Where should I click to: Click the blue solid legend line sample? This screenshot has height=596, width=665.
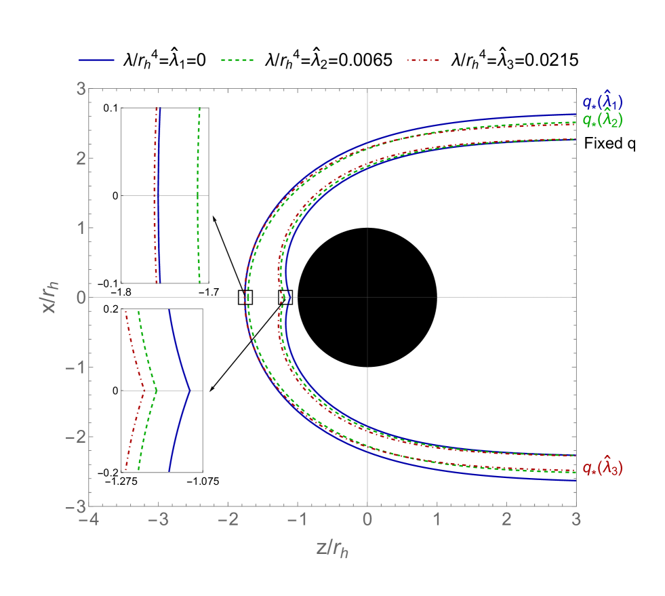pyautogui.click(x=96, y=60)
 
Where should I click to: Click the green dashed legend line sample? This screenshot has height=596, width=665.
pyautogui.click(x=237, y=60)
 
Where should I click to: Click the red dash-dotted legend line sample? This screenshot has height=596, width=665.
pyautogui.click(x=423, y=60)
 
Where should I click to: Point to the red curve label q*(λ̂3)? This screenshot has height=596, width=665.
pyautogui.click(x=603, y=468)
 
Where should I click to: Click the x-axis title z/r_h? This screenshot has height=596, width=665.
pyautogui.click(x=332, y=549)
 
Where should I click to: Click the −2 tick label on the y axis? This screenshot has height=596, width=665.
pyautogui.click(x=76, y=437)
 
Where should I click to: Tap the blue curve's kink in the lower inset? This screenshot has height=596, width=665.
pyautogui.click(x=190, y=391)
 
